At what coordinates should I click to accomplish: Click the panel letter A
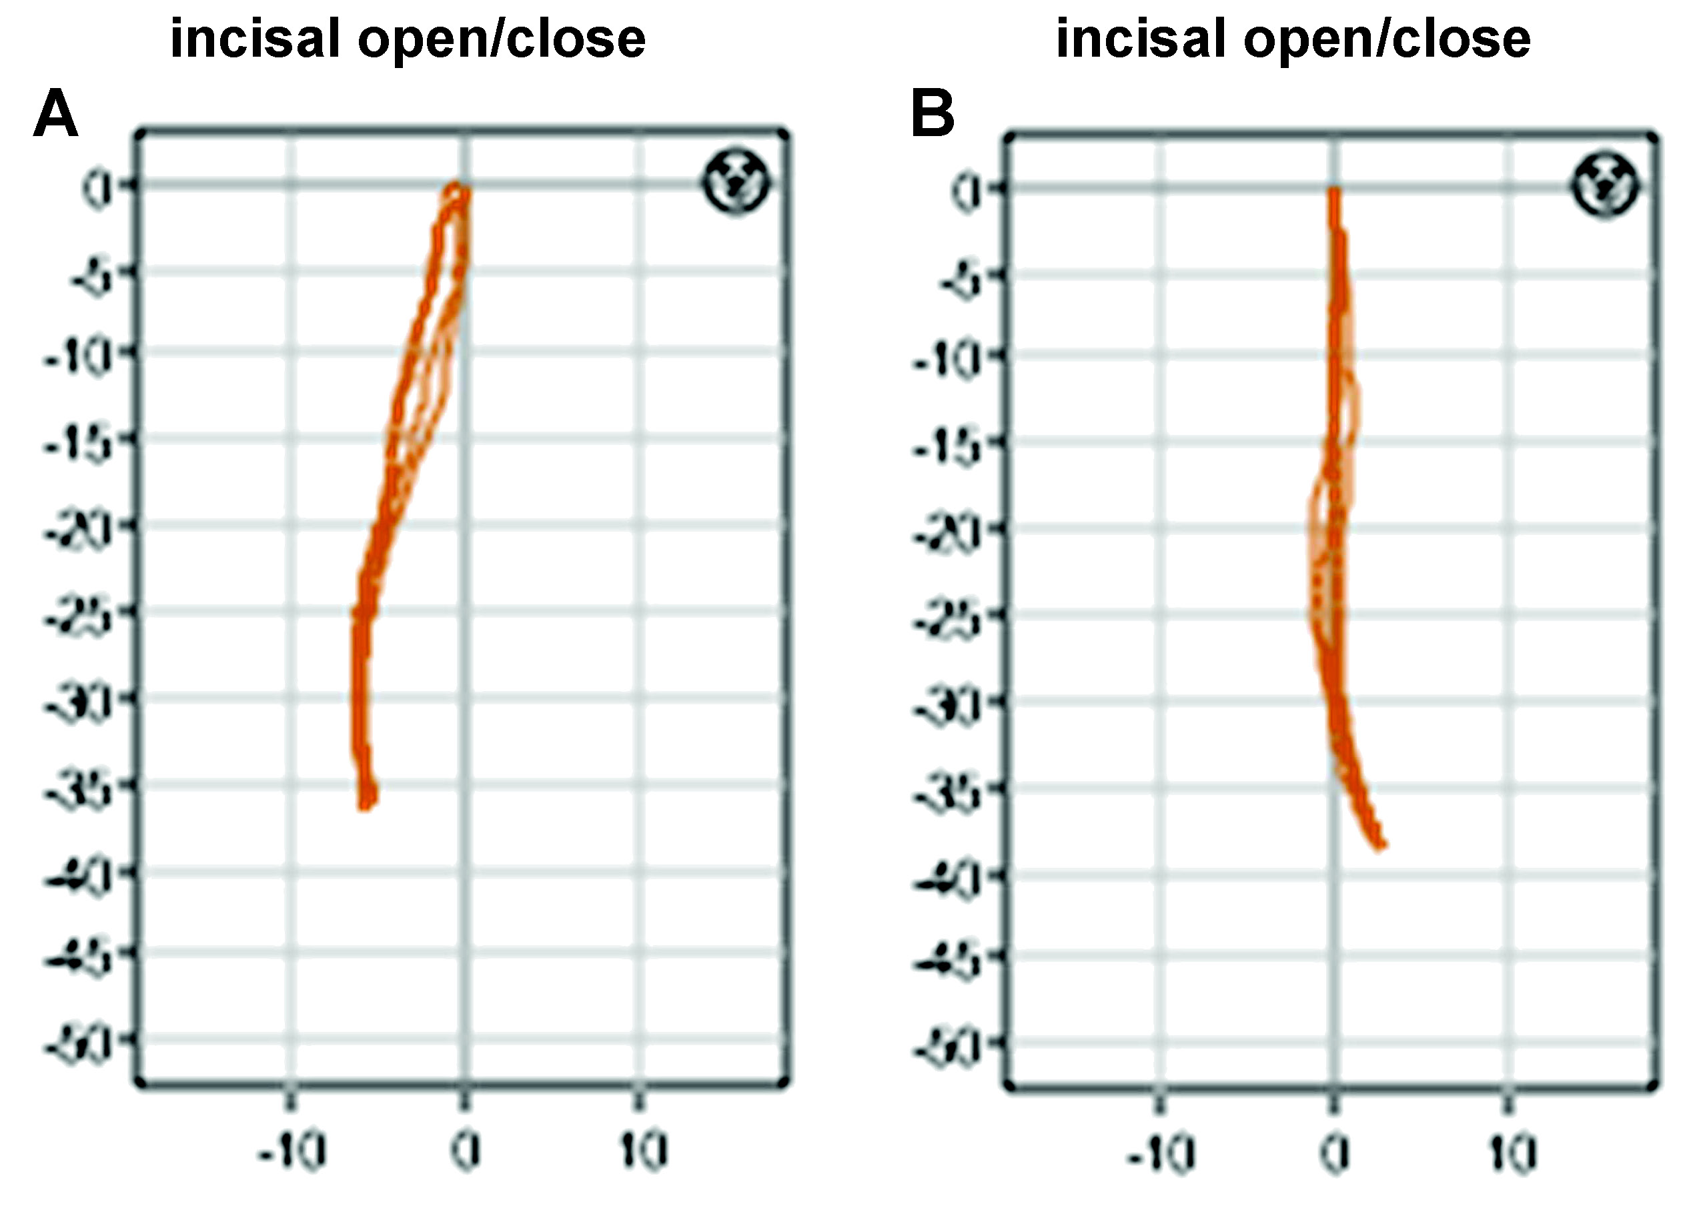(55, 115)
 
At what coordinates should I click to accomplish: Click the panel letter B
(932, 115)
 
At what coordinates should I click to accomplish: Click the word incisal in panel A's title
(256, 39)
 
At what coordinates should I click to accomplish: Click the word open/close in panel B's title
(1387, 39)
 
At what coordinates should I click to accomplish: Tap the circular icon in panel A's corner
(736, 183)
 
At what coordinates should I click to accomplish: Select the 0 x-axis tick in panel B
(1334, 1153)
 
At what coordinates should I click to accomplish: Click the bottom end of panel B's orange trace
(1382, 845)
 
